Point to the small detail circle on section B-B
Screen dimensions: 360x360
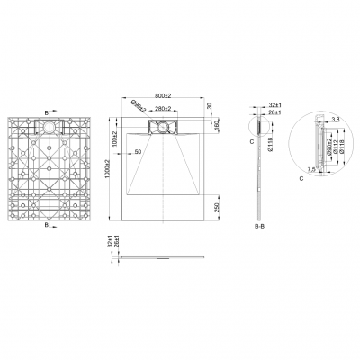click(x=260, y=132)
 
